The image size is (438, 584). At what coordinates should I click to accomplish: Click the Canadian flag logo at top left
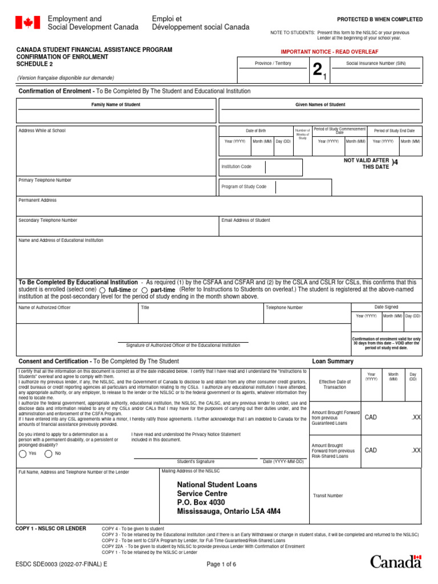pos(27,23)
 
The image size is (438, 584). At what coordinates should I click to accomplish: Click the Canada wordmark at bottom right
pos(396,561)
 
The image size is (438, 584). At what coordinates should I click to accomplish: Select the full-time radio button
pos(103,290)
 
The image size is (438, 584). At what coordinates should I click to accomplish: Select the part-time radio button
pos(144,290)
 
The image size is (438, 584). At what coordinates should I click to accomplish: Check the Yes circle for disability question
pos(22,453)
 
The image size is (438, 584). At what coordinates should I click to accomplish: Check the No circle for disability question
pos(48,453)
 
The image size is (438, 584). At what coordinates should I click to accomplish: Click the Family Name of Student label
pos(116,105)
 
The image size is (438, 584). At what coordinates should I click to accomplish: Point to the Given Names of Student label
pos(320,105)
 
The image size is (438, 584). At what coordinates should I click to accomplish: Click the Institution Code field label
pos(236,167)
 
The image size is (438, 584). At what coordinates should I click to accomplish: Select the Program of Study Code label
pos(244,186)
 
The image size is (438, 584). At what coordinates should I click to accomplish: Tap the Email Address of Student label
pos(245,220)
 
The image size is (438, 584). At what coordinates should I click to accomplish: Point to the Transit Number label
pos(328,496)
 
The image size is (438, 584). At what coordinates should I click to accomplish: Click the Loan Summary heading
pos(332,361)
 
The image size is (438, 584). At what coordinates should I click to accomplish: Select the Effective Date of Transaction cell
pos(335,384)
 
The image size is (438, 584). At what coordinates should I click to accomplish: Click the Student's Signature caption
pos(196,461)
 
